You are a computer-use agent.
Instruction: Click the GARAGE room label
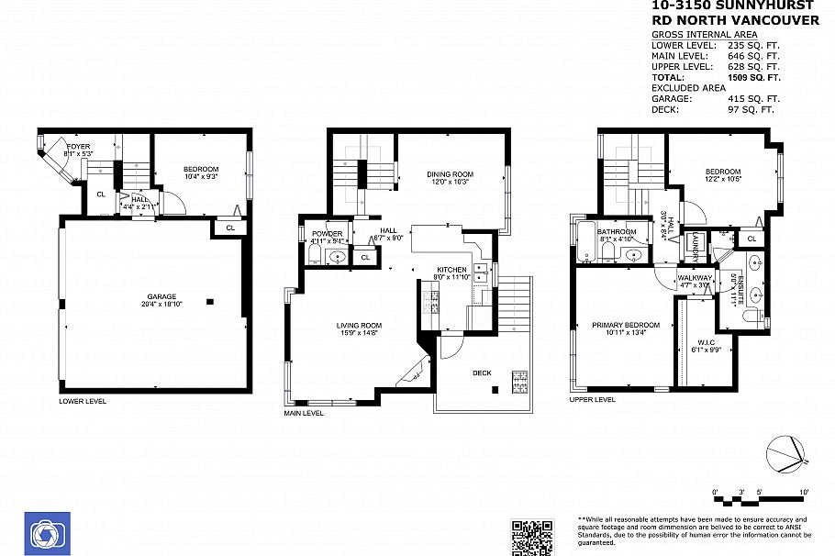[x=161, y=297]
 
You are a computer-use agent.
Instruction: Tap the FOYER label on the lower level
[x=78, y=146]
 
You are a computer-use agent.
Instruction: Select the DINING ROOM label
[x=450, y=174]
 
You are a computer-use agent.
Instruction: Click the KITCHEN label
[x=451, y=270]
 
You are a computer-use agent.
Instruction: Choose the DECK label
[x=482, y=373]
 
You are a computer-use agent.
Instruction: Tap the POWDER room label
[x=326, y=234]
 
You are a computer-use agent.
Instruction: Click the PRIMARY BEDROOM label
[x=626, y=325]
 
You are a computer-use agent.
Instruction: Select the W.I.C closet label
[x=706, y=342]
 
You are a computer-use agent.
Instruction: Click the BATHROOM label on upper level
[x=617, y=232]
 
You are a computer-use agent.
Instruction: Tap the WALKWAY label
[x=695, y=278]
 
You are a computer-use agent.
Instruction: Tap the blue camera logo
[x=43, y=532]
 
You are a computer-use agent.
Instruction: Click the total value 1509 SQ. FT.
[x=747, y=78]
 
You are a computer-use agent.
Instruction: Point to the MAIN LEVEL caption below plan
[x=304, y=413]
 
